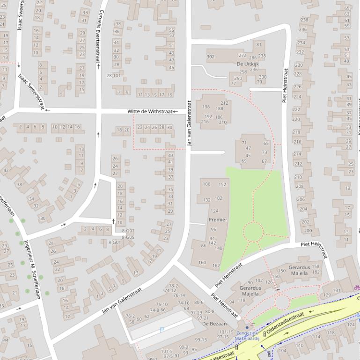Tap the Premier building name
[x=218, y=220]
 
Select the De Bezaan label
[x=214, y=324]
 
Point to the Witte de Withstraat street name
[x=150, y=111]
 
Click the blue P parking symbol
[x=162, y=330]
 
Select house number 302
[x=211, y=57]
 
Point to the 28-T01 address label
[x=113, y=75]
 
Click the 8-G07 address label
[x=128, y=231]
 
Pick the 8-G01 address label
[x=114, y=242]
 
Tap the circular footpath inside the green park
[x=253, y=232]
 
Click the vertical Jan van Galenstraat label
[x=190, y=124]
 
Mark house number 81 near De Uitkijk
[x=259, y=44]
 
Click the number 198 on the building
[x=206, y=107]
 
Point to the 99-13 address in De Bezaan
[x=201, y=340]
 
